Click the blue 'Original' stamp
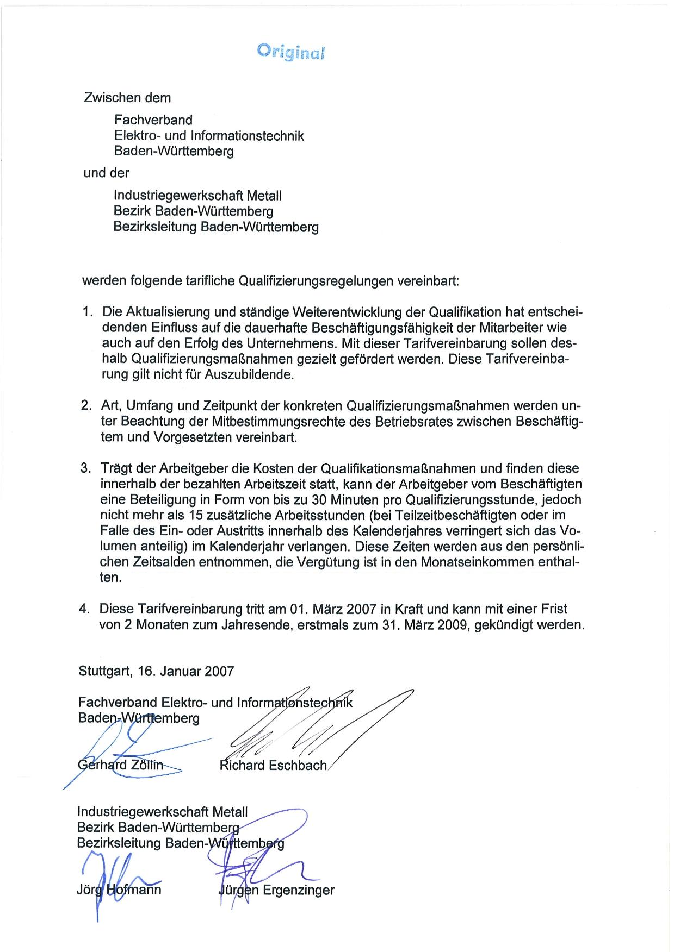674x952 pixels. click(x=290, y=52)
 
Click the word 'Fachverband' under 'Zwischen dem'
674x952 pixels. click(x=153, y=120)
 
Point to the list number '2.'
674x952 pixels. click(x=86, y=406)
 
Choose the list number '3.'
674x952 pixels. click(x=86, y=468)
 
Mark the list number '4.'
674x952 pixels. click(x=84, y=609)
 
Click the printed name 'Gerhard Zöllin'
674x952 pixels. click(x=121, y=765)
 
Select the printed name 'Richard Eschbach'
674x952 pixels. click(x=273, y=765)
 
